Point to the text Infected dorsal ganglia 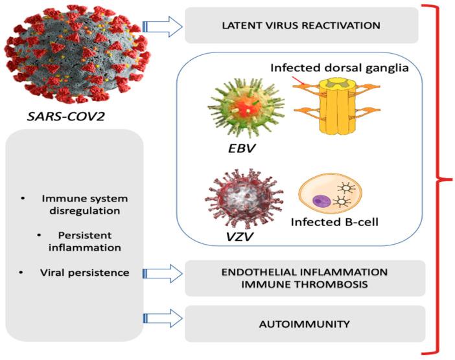click(339, 67)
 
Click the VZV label click(229, 237)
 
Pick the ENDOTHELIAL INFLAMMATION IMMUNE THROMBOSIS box click(305, 278)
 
